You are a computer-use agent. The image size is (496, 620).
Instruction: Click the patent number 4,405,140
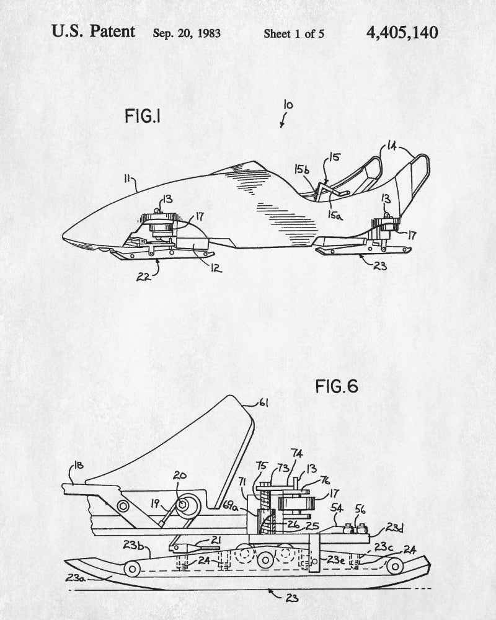coord(402,32)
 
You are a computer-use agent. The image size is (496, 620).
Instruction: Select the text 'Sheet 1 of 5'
coord(294,33)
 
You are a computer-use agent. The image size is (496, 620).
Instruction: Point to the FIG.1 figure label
coord(143,116)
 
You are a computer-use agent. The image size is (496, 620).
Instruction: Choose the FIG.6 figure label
coord(337,386)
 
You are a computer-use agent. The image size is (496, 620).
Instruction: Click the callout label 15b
coord(302,168)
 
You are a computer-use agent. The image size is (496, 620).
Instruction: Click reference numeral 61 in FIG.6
coord(263,404)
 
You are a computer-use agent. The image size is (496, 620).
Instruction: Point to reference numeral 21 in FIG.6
coord(215,541)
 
